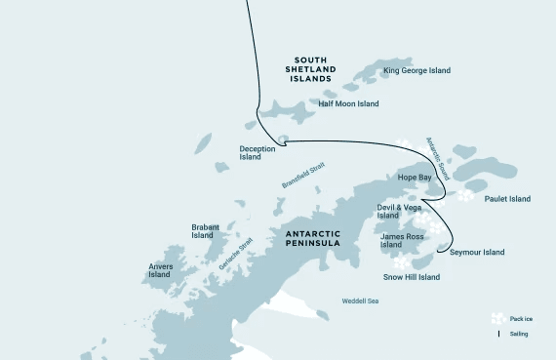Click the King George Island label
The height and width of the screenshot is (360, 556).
tap(417, 70)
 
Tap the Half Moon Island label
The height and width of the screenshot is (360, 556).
tap(349, 103)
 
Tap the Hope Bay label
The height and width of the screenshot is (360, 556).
tap(414, 179)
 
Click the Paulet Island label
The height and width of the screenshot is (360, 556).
tap(507, 199)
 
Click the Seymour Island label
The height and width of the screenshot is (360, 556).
tap(477, 253)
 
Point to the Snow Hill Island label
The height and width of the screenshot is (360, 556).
tap(411, 277)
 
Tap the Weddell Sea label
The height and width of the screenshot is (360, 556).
tap(360, 301)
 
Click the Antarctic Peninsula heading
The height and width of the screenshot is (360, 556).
tap(312, 239)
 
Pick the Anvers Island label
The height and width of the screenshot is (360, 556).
tap(160, 270)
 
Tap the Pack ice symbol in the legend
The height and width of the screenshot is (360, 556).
tap(498, 318)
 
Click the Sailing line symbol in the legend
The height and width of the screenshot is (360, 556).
tap(498, 334)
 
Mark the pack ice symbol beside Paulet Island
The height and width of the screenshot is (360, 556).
tap(466, 195)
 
